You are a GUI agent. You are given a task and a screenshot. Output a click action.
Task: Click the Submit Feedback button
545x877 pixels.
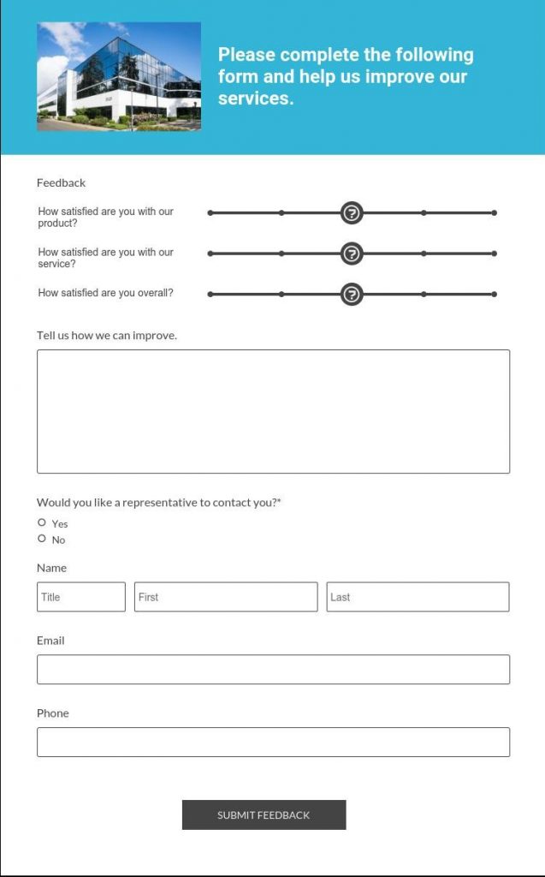tap(264, 814)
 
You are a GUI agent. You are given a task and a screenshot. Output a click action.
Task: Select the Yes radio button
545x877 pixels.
tap(42, 522)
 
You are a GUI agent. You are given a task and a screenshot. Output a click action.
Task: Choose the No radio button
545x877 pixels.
tap(42, 539)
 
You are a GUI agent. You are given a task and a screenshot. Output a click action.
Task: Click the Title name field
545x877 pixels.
tap(81, 597)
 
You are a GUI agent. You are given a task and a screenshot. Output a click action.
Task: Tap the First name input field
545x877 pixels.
tap(226, 597)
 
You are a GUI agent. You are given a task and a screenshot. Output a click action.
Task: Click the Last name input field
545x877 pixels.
tap(418, 597)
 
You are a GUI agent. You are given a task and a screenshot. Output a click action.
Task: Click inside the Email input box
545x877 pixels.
tap(273, 670)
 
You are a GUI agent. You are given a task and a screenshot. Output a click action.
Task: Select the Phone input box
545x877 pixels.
tap(273, 742)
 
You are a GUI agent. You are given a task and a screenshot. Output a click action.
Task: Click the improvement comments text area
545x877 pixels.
tap(273, 411)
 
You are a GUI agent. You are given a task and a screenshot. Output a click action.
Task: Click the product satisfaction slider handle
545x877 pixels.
tap(352, 213)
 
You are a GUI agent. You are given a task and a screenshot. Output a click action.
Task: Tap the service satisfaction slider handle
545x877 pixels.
tap(352, 254)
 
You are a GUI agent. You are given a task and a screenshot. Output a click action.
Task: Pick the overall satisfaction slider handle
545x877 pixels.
tap(352, 295)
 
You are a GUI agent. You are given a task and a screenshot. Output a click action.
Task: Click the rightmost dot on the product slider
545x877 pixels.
tap(495, 213)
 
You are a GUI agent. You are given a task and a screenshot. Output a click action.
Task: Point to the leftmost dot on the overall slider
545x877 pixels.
tap(210, 295)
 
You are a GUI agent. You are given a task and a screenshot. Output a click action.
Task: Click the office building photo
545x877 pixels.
tap(119, 76)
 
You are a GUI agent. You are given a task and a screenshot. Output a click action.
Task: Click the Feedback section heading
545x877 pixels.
tap(62, 182)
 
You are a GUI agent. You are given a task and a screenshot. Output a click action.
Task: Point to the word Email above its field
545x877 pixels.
tap(50, 641)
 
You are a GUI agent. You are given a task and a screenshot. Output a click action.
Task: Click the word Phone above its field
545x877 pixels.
tap(53, 713)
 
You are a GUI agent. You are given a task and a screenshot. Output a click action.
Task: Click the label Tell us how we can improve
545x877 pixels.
tap(107, 335)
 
